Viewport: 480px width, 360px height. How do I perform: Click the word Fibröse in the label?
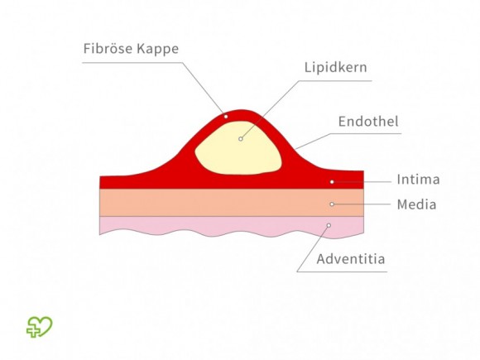[x=108, y=48]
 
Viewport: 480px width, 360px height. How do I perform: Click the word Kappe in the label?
[x=158, y=49]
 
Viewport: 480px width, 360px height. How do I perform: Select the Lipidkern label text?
[x=335, y=67]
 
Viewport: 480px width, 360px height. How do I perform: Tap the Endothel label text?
[x=368, y=122]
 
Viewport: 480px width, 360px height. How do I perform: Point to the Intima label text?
[x=418, y=180]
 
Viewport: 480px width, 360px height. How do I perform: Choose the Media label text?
[x=416, y=204]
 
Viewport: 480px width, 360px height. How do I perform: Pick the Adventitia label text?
[x=351, y=259]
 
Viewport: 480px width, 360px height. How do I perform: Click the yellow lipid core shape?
[x=239, y=149]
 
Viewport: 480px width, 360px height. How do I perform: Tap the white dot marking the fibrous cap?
[x=226, y=117]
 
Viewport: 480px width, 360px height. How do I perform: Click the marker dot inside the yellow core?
[x=241, y=139]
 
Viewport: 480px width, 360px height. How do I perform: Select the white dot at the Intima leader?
[x=332, y=182]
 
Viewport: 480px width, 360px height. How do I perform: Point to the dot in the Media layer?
[x=332, y=204]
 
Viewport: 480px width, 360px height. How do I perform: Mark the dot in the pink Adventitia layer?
[x=329, y=225]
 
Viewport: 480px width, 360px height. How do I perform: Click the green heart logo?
[x=40, y=327]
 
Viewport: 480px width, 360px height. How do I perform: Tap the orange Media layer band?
[x=232, y=203]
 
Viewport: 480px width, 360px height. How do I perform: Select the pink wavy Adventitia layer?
[x=232, y=226]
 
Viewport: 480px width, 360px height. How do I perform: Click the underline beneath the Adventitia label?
[x=342, y=271]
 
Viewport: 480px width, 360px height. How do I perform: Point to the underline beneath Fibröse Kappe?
[x=132, y=63]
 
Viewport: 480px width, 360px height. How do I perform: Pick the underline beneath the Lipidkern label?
[x=335, y=81]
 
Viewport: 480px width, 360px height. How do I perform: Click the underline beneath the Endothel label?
[x=366, y=133]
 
